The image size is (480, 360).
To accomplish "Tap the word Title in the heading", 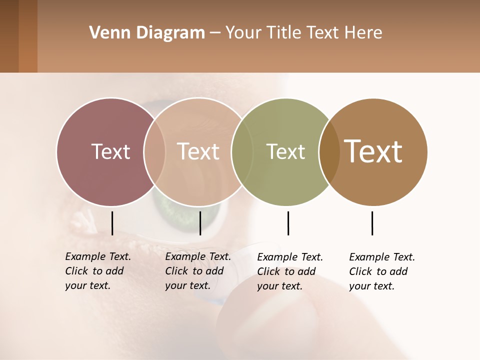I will tap(284, 33).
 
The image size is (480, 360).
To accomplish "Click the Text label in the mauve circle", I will tap(110, 151).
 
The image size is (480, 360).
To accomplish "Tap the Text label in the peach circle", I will tap(198, 151).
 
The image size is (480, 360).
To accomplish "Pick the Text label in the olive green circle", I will tap(285, 151).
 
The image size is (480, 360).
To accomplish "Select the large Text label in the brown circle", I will tap(373, 151).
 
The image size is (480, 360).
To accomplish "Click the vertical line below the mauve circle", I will tap(112, 223).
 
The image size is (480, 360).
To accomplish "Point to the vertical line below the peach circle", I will tap(200, 223).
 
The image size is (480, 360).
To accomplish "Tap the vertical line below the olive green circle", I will tap(288, 223).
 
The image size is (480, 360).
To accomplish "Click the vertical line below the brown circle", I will tap(372, 223).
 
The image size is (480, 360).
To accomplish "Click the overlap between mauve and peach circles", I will tap(154, 151).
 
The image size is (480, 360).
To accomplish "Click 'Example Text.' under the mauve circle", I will tap(98, 257).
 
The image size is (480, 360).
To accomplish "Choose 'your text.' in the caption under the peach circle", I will tap(187, 286).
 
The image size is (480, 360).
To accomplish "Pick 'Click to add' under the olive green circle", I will tap(286, 271).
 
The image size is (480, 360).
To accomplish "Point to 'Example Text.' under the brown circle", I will tap(382, 257).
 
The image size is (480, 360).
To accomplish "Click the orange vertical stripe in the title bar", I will tap(28, 36).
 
